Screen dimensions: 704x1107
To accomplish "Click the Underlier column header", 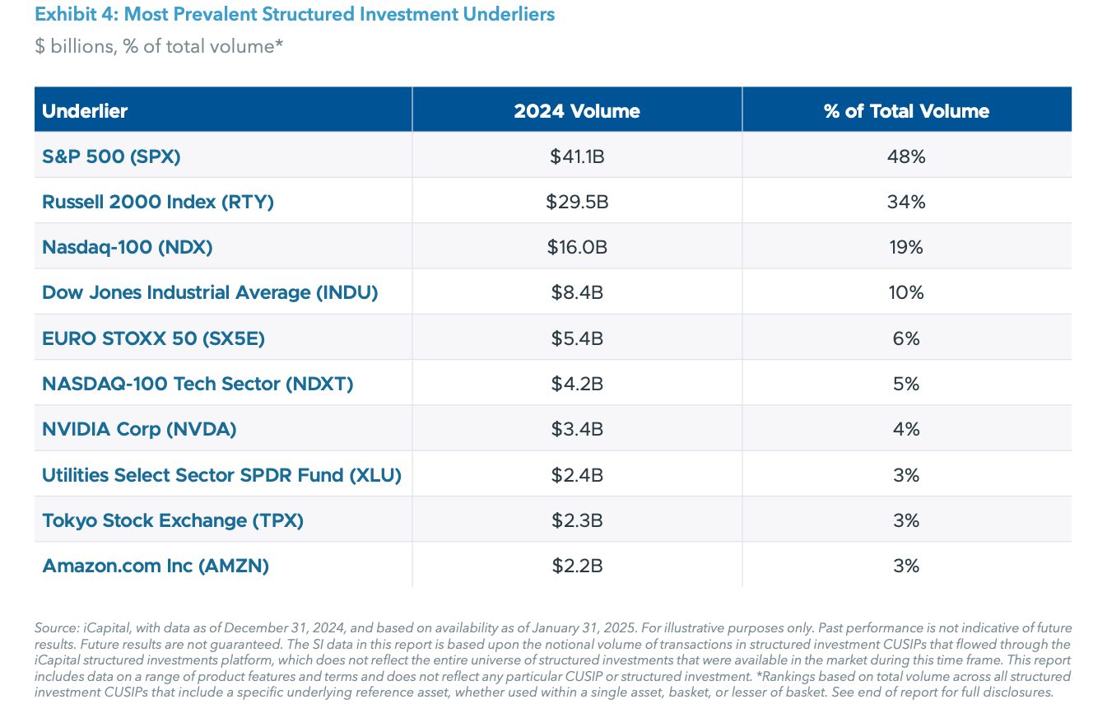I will [85, 111].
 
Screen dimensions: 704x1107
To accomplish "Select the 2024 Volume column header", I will [576, 111].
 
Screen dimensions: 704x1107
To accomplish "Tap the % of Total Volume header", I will [906, 111].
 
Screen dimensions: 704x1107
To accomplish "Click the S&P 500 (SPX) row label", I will [111, 156].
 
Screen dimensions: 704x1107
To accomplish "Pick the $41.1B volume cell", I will [577, 156].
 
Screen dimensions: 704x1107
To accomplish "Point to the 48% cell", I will [906, 156].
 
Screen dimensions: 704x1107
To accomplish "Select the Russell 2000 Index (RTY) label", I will [158, 202].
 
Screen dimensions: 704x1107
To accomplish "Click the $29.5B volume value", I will [577, 202].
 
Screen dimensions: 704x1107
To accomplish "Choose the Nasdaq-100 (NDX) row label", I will [128, 247].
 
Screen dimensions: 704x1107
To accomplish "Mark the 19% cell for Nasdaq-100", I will [906, 247].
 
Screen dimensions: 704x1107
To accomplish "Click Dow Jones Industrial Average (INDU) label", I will [210, 292].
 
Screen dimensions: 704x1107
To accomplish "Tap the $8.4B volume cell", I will [577, 292].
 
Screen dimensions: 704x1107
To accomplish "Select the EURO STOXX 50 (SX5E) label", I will [154, 338].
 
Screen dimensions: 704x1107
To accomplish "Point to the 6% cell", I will [906, 338].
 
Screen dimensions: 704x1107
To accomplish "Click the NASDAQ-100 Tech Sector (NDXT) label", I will [198, 384].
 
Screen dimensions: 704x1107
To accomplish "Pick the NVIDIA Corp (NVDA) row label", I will [139, 429].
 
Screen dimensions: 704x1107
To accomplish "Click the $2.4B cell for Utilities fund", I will [577, 475].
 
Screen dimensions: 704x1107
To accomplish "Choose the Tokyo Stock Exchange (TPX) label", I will [173, 520].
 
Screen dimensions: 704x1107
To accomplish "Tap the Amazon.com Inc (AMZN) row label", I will [156, 566].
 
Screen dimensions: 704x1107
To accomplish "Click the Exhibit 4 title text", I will [295, 15].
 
